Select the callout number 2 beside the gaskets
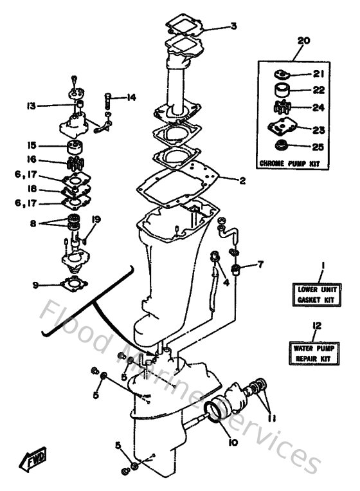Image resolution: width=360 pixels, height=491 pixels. point(242,181)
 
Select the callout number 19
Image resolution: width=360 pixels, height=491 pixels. point(95,219)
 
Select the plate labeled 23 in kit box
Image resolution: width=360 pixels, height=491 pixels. point(283,128)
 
